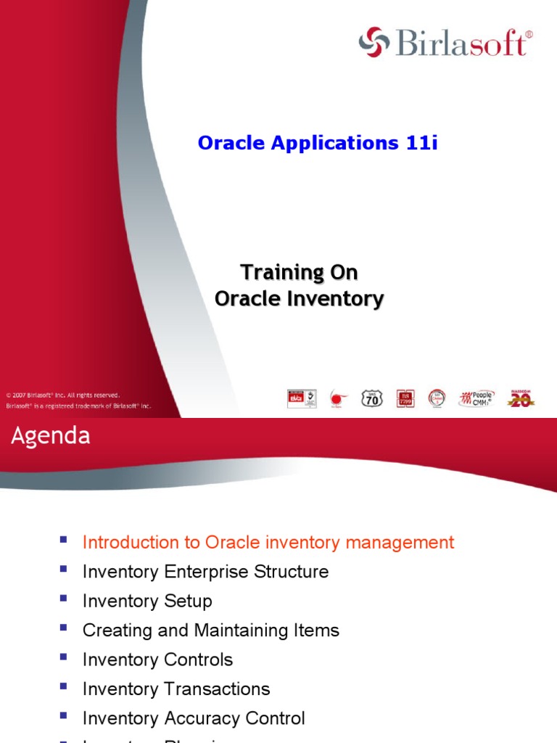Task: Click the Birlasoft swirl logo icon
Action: pyautogui.click(x=374, y=42)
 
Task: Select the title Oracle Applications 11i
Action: pyautogui.click(x=318, y=143)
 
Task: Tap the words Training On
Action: pyautogui.click(x=299, y=273)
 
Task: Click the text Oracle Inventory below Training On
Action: pyautogui.click(x=299, y=298)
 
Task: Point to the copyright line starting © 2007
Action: pyautogui.click(x=63, y=395)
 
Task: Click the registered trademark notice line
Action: pyautogui.click(x=78, y=406)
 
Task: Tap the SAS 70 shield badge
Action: pyautogui.click(x=372, y=398)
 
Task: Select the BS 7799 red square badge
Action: pyautogui.click(x=405, y=398)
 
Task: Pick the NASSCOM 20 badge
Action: pyautogui.click(x=519, y=398)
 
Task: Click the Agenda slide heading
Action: pyautogui.click(x=50, y=436)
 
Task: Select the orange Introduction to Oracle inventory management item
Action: pyautogui.click(x=268, y=543)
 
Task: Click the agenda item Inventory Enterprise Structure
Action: pyautogui.click(x=205, y=572)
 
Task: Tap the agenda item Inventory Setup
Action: pyautogui.click(x=147, y=602)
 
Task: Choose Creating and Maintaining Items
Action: pyautogui.click(x=210, y=631)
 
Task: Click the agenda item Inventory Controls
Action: pyautogui.click(x=157, y=660)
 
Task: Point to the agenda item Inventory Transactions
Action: pyautogui.click(x=176, y=689)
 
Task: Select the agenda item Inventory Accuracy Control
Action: pyautogui.click(x=194, y=719)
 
